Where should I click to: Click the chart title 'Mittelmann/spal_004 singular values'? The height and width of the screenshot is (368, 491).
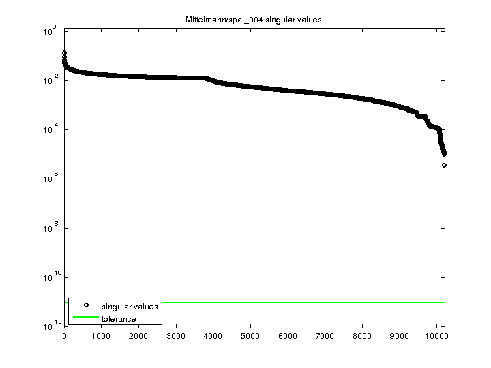(254, 20)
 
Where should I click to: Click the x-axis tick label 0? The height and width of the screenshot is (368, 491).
(64, 335)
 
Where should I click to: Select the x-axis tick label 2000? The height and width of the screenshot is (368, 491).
(138, 335)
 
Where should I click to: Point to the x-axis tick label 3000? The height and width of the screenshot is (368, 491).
(176, 335)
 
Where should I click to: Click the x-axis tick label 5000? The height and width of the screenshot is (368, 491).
(250, 335)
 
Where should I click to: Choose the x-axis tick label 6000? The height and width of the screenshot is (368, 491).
(288, 335)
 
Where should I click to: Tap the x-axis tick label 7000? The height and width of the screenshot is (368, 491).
(325, 335)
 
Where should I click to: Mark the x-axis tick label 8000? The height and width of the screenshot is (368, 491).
(362, 335)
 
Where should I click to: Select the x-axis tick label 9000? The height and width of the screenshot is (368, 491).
(400, 335)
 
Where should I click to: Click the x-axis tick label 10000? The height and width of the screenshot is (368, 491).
(436, 335)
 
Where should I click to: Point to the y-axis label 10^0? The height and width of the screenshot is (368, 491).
(52, 32)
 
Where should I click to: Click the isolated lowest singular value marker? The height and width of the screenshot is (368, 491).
(444, 165)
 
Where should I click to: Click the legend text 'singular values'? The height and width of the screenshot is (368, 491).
(130, 307)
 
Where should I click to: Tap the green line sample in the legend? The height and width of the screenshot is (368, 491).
(85, 318)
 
